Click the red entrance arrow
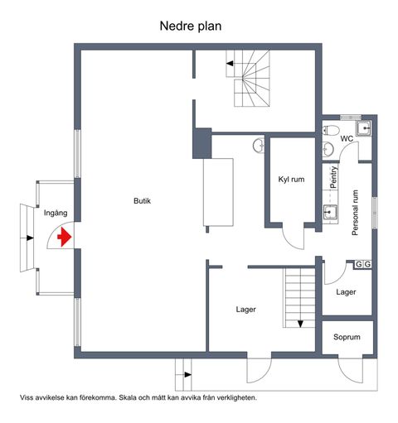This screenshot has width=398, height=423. click(x=65, y=237)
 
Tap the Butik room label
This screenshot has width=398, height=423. click(x=142, y=201)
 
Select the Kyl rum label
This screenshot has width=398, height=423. click(x=291, y=180)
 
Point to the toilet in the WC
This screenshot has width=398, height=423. click(x=331, y=130)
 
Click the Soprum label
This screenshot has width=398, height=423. click(x=347, y=337)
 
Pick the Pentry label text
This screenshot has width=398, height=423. click(x=334, y=177)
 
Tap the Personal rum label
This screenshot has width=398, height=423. click(x=355, y=213)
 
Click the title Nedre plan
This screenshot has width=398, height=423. click(x=191, y=26)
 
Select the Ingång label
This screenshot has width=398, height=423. click(x=56, y=213)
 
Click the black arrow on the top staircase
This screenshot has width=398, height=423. click(x=230, y=64)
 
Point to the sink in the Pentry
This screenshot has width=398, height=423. click(x=330, y=212)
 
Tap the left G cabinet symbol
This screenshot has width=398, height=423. click(x=358, y=264)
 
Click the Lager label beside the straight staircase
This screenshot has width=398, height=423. click(x=245, y=310)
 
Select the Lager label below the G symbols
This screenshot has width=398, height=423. click(x=346, y=292)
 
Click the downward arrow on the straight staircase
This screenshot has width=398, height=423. click(x=300, y=324)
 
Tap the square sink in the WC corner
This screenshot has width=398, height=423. click(x=363, y=128)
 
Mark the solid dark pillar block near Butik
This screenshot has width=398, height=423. click(x=202, y=143)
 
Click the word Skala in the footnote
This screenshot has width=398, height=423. click(x=127, y=397)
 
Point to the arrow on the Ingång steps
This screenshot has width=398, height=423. click(x=30, y=238)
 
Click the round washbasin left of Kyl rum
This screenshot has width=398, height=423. click(x=258, y=145)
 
